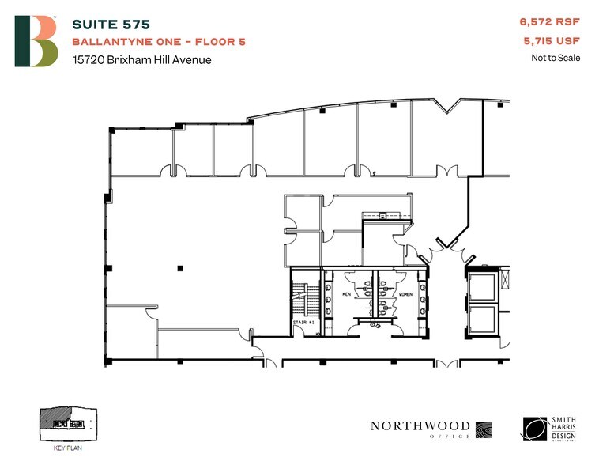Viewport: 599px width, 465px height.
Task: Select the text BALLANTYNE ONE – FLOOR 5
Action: coord(158,41)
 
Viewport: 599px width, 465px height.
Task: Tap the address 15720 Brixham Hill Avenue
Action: coord(141,59)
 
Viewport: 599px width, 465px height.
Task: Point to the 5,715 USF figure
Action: coord(552,41)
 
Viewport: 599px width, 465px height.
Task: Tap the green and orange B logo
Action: coord(36,41)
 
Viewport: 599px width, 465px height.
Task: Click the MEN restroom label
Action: coord(346,294)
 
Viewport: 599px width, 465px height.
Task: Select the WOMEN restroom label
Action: coord(405,294)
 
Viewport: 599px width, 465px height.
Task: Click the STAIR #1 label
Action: coord(303,323)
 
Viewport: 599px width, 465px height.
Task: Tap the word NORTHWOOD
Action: coord(420,426)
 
